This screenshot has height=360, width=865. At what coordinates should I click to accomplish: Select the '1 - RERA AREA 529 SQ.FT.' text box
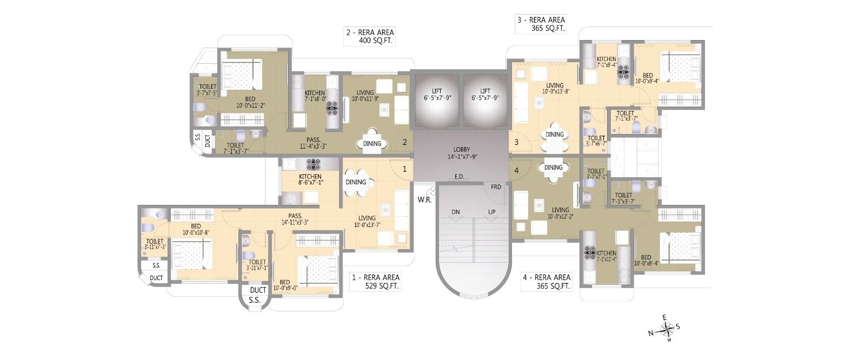[375, 282]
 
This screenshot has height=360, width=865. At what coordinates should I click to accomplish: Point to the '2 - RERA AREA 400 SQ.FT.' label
[370, 36]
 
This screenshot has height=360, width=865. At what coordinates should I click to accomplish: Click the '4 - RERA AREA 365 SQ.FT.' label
[546, 282]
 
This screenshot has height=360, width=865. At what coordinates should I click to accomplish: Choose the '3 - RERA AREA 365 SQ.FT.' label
[541, 24]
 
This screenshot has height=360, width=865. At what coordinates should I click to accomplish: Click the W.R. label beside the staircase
[424, 199]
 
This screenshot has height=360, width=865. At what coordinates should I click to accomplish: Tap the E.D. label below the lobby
[459, 177]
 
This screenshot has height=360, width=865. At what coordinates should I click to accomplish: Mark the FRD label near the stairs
[496, 187]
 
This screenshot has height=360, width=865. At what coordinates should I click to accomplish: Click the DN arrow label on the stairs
[456, 212]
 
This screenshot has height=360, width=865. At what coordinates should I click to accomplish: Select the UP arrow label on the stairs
[491, 212]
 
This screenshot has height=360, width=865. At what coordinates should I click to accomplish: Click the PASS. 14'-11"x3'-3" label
[295, 218]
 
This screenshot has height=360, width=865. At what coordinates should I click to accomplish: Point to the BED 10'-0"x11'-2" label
[250, 102]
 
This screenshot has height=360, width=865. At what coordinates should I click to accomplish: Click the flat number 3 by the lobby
[516, 143]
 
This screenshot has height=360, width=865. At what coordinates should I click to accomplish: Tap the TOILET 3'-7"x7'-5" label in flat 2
[208, 90]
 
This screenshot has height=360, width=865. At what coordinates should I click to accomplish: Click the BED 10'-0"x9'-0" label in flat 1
[285, 285]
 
